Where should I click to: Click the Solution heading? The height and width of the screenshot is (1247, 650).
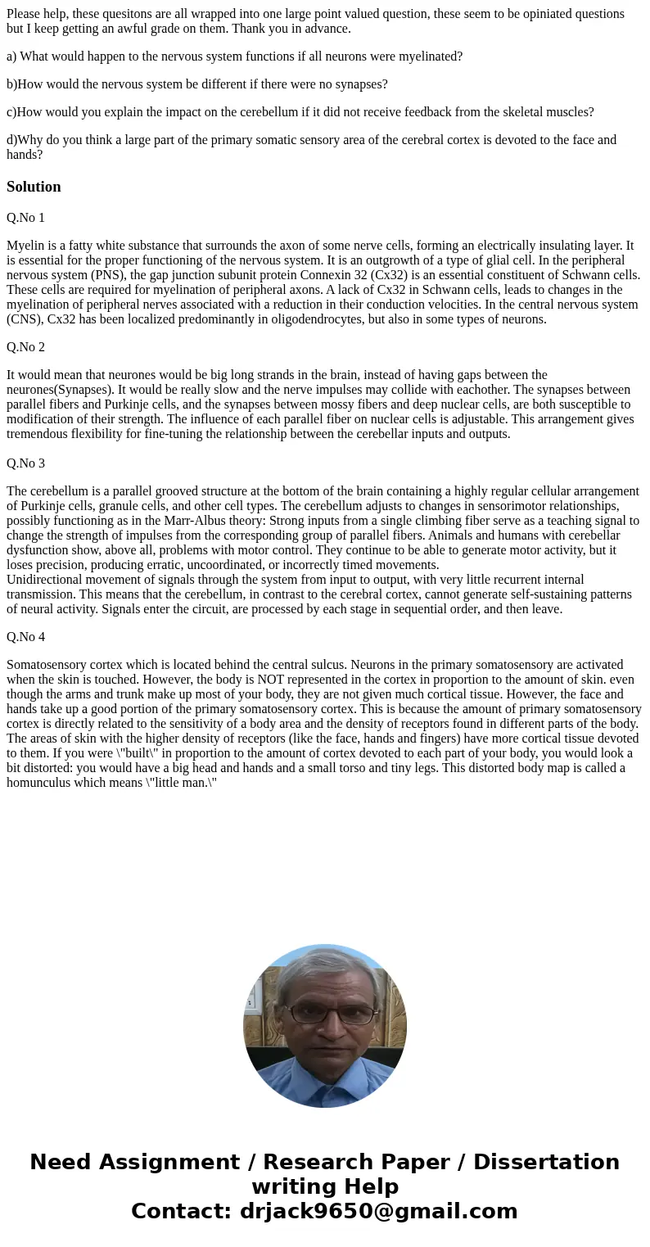[34, 187]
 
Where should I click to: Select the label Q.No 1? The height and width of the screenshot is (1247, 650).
[25, 218]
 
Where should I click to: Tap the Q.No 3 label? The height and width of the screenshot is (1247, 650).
[25, 463]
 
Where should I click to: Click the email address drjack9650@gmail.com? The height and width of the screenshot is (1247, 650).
[379, 1212]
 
